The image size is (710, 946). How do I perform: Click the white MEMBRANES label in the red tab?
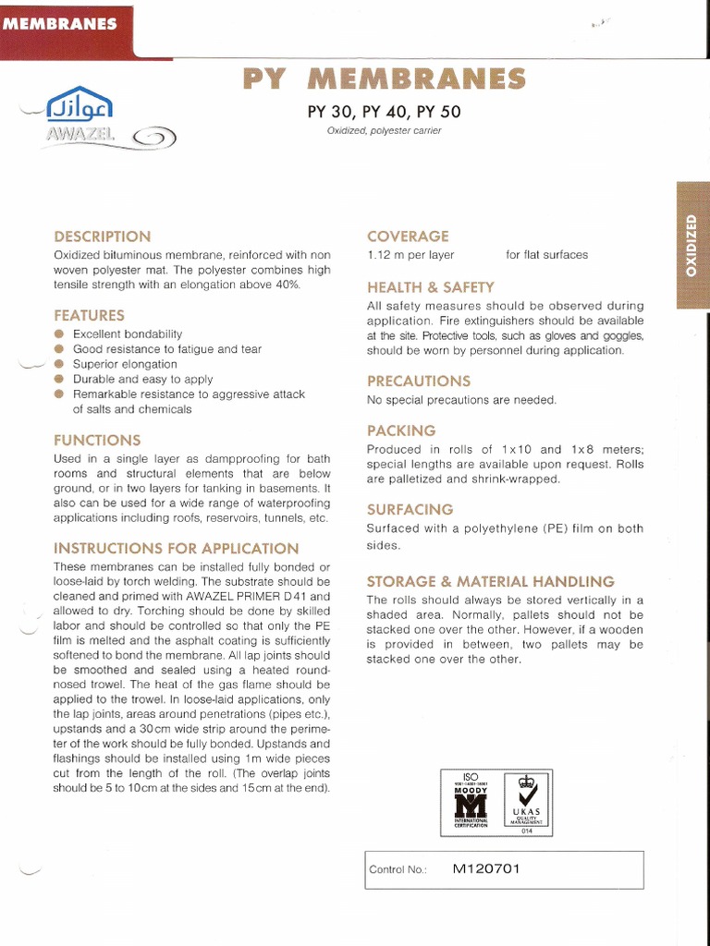click(x=61, y=24)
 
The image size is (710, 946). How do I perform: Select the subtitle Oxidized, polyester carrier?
click(x=384, y=131)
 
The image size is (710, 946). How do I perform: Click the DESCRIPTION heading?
click(x=102, y=236)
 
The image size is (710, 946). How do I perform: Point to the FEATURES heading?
click(x=89, y=315)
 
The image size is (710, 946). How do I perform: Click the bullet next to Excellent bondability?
click(x=59, y=334)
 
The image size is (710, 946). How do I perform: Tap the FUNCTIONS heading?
click(x=97, y=440)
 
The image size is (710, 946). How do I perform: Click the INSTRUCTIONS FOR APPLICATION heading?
click(x=176, y=548)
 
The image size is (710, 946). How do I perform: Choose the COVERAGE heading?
click(x=408, y=236)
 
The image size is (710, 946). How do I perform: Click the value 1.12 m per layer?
click(x=410, y=255)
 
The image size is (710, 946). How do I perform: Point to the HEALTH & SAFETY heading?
click(x=430, y=287)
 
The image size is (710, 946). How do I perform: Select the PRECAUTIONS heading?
click(x=419, y=381)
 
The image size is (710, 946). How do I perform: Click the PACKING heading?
click(x=401, y=431)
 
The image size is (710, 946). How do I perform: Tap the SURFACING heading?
click(x=410, y=509)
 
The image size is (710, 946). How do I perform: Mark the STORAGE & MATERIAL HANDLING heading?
click(x=490, y=581)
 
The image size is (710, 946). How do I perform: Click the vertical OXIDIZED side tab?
click(x=692, y=246)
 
